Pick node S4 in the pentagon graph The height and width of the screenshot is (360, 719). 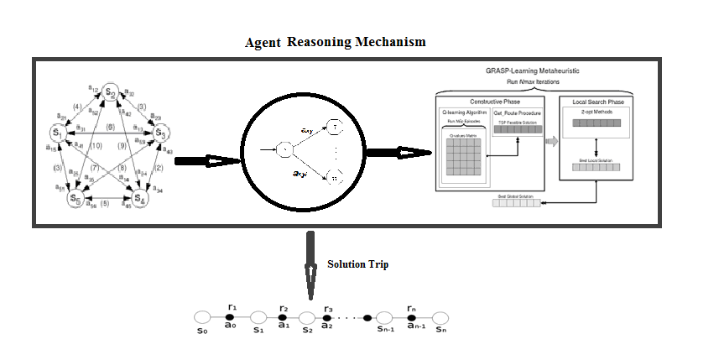click(139, 200)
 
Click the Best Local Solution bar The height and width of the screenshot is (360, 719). click(595, 168)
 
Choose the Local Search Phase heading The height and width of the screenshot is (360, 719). click(595, 102)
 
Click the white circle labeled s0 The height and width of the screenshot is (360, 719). click(201, 317)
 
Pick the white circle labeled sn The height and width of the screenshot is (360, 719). click(440, 317)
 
